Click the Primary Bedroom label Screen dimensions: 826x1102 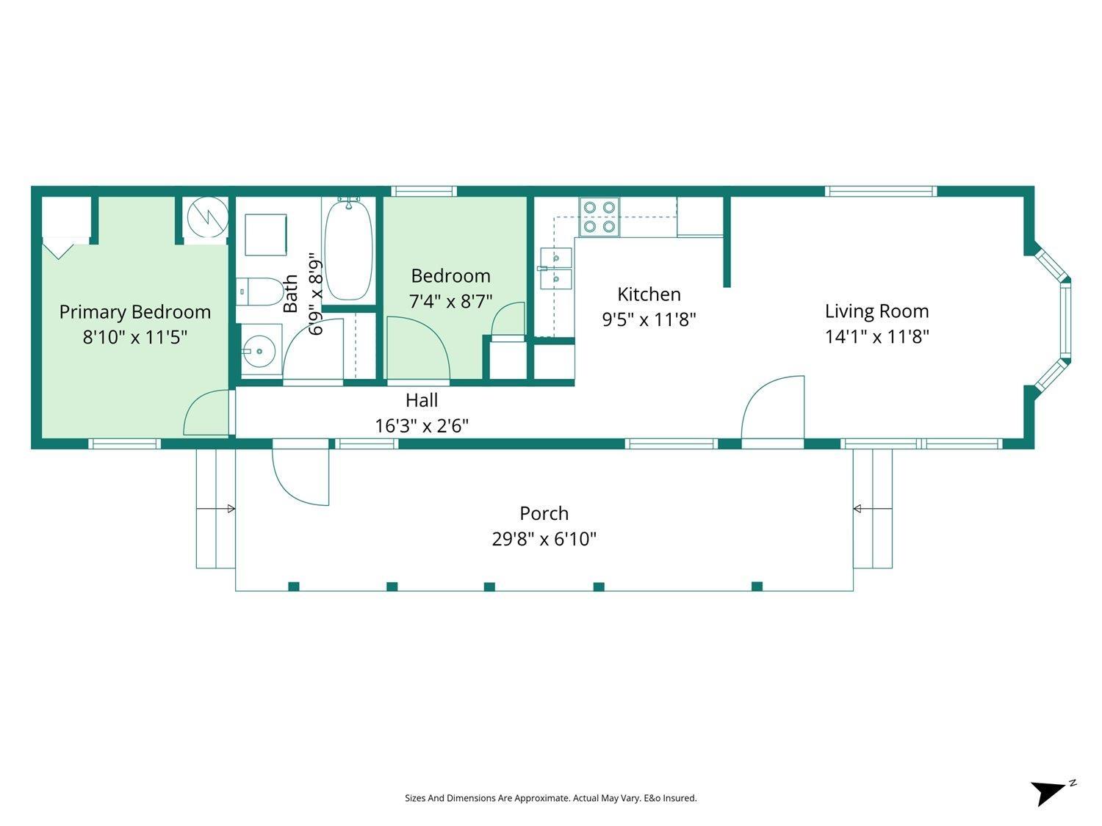pos(134,312)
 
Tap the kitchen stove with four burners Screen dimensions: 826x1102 pos(598,217)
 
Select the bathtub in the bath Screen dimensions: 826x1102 pos(348,250)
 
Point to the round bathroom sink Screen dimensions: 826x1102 pos(258,352)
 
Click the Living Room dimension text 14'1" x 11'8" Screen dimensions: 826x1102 pos(876,337)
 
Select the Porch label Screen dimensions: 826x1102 pos(544,513)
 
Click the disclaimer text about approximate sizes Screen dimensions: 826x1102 pos(550,798)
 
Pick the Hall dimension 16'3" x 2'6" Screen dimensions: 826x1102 pos(422,426)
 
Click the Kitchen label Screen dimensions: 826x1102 pos(649,294)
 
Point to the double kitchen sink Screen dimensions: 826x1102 pos(555,268)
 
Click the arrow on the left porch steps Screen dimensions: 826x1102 pos(230,509)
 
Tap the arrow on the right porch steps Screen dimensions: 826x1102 pos(857,509)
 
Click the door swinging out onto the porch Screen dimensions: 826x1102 pos(301,474)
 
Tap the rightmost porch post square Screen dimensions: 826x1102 pos(757,586)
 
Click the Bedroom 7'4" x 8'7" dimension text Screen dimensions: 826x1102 pos(450,302)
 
